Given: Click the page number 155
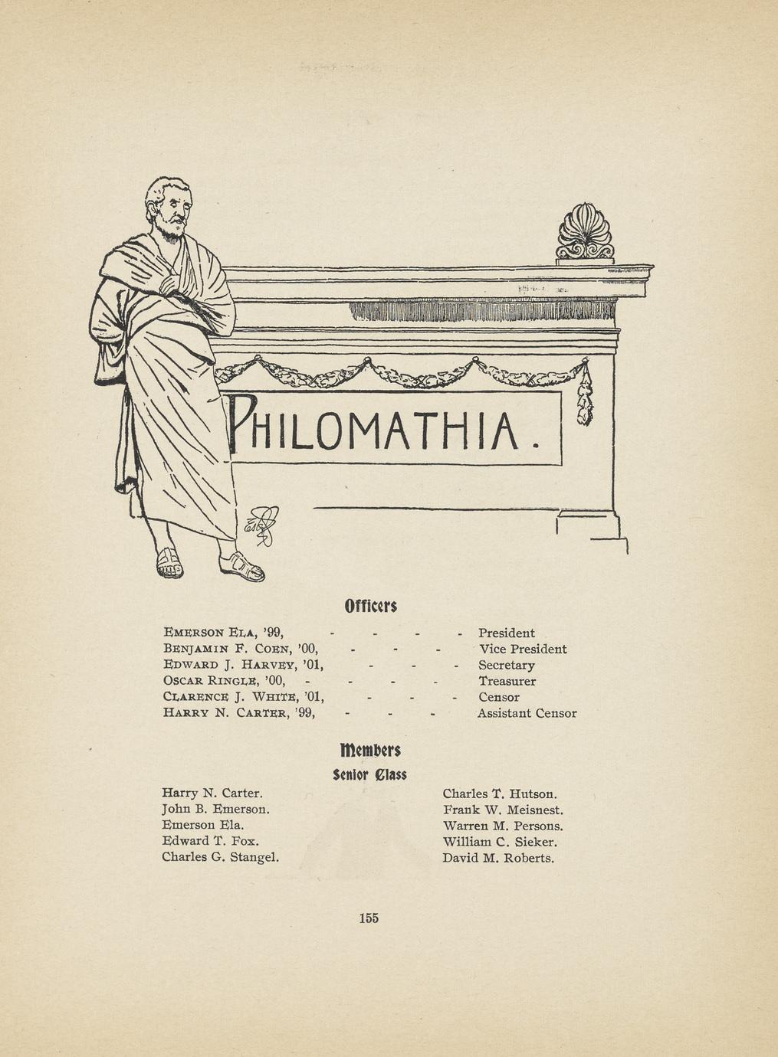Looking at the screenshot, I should pos(369,918).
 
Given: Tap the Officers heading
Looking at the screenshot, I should pos(370,607).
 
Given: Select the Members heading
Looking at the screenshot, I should pos(370,748).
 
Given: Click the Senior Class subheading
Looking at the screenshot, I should pos(370,774).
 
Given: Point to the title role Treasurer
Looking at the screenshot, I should pos(507,681).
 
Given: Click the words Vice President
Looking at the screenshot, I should pos(523,649).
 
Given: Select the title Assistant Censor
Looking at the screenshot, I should pos(527,713).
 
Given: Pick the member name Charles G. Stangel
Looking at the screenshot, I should pos(220,857).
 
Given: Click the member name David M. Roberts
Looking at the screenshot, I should pos(498,858).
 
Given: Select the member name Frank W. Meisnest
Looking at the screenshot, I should pos(503,810).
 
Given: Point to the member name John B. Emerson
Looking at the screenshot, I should pos(215,809).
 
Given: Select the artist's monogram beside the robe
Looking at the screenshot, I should pos(261,525).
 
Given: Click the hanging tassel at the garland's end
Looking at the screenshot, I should pos(585,398).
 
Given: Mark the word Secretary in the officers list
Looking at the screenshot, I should pos(506,665).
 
